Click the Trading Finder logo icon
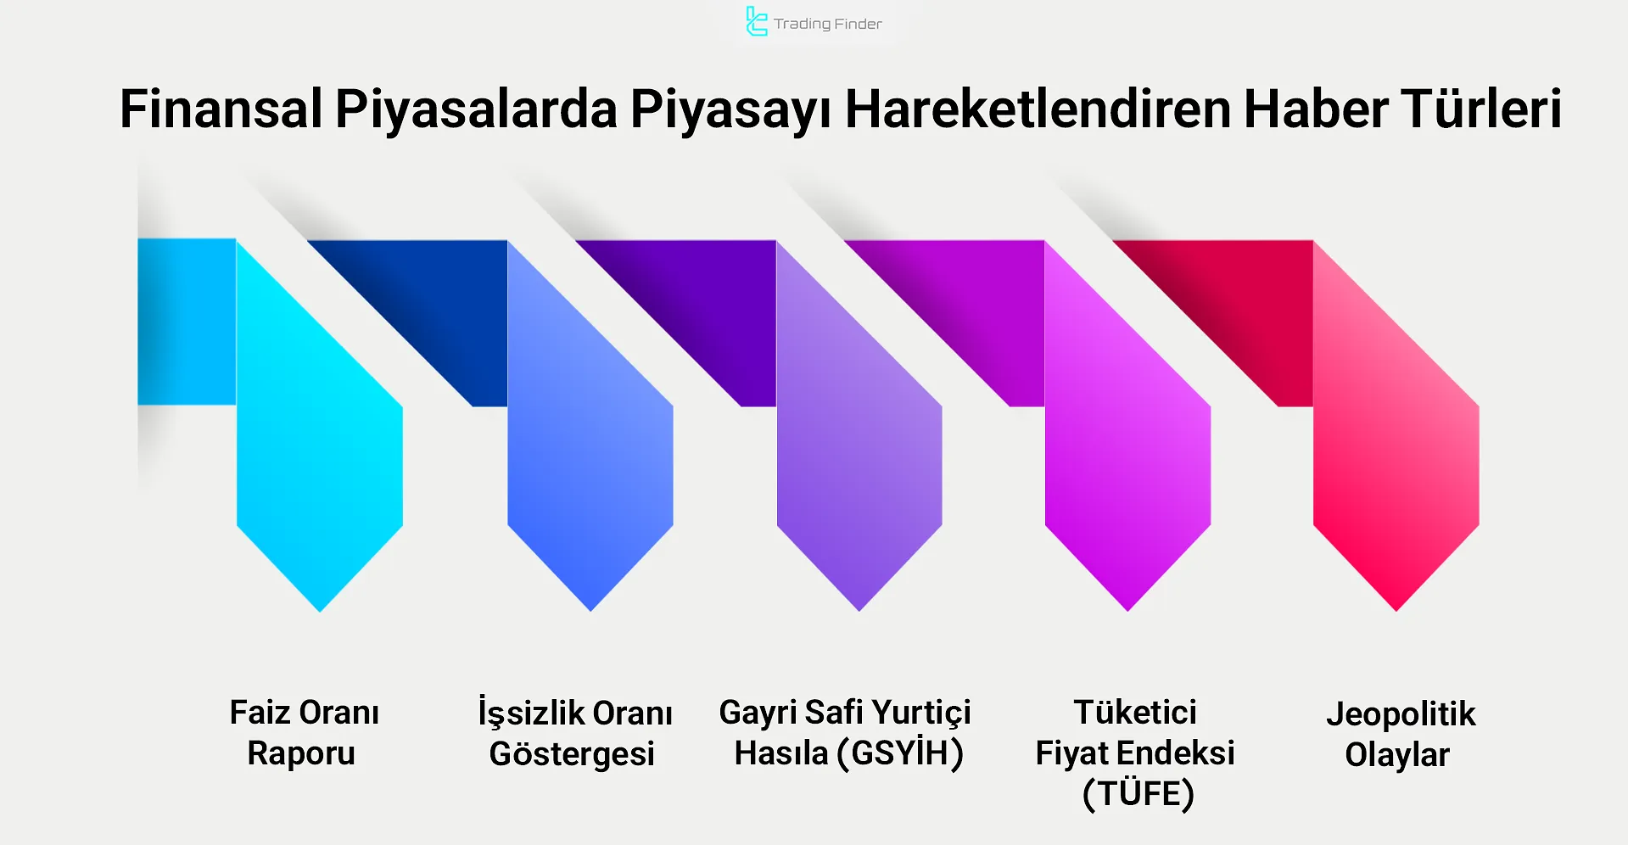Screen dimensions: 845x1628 [x=755, y=22]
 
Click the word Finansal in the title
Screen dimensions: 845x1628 [x=221, y=109]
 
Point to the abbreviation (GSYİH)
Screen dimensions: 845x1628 [x=900, y=753]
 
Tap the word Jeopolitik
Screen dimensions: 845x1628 [x=1401, y=714]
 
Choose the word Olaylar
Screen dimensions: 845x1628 [x=1397, y=755]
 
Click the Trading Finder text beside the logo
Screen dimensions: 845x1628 [x=827, y=24]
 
